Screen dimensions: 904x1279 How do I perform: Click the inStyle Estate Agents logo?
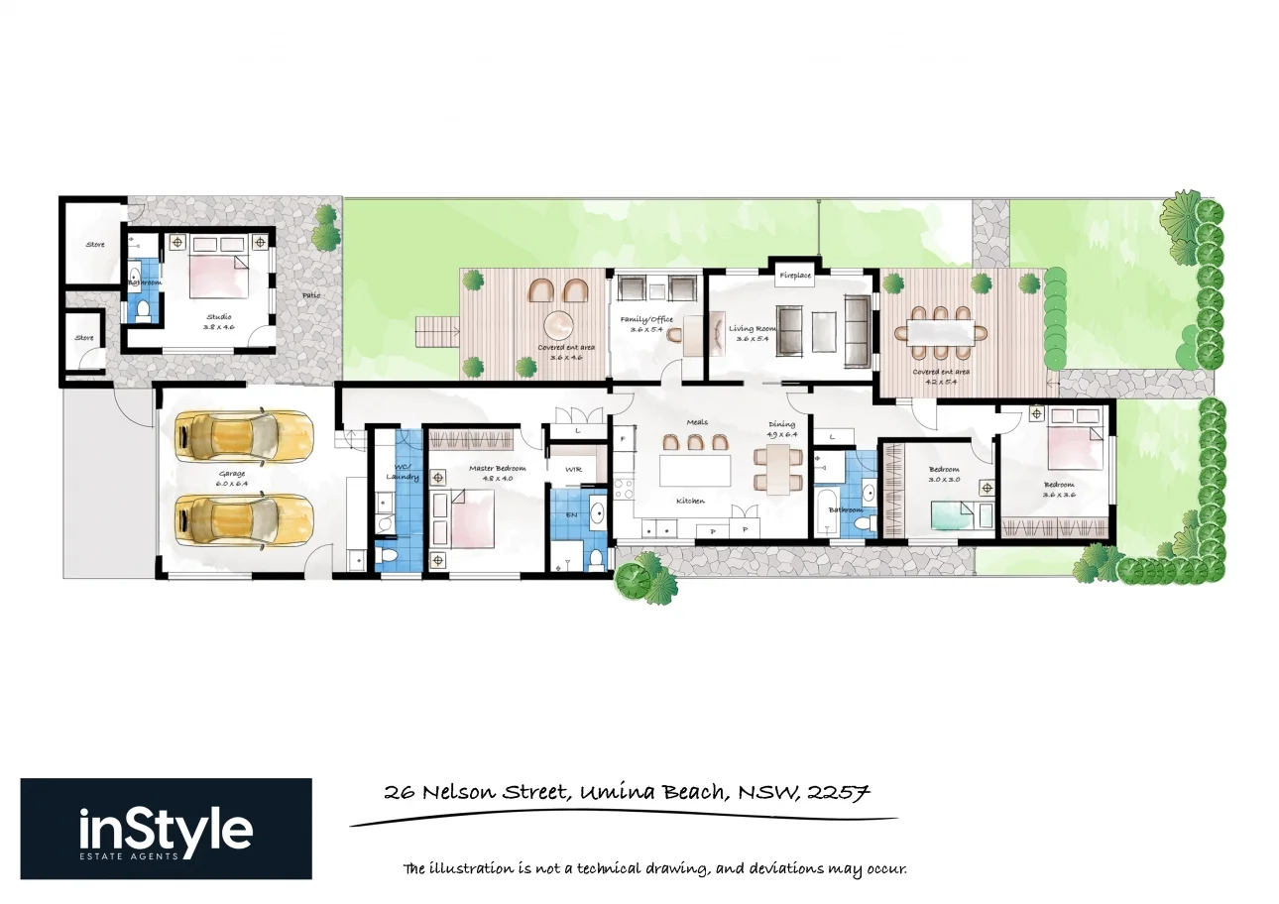(166, 829)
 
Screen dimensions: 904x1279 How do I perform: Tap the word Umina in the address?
(614, 793)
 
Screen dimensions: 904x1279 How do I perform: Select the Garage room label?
(233, 474)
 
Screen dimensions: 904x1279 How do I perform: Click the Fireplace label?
(794, 275)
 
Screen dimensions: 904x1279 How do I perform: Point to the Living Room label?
(754, 328)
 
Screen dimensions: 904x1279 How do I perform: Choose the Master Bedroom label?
(497, 468)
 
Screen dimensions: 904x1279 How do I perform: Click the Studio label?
(218, 317)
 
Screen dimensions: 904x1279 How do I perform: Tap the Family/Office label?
(646, 319)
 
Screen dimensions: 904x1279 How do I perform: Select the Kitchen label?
(690, 502)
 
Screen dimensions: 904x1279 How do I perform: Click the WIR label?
(573, 468)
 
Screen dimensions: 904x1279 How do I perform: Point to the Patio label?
(311, 294)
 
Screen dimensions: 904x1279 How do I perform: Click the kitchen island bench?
(695, 469)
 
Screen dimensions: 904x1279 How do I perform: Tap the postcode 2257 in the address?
(839, 792)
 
